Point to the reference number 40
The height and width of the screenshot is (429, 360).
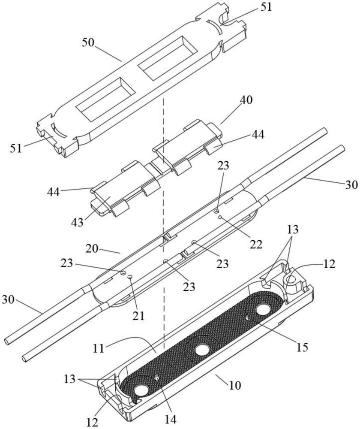click(246, 100)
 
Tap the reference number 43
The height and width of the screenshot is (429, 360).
click(77, 222)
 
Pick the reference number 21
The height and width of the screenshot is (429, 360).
click(138, 316)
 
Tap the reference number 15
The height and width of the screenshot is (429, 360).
click(302, 347)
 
